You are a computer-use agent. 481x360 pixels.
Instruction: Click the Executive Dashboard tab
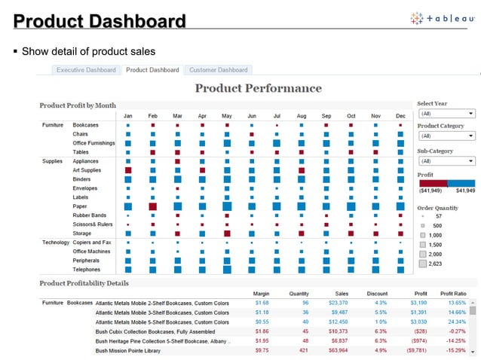87,70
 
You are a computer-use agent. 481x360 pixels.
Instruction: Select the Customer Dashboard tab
218,70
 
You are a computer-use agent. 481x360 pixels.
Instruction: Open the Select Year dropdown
446,113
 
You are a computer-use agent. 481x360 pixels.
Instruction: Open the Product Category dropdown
446,136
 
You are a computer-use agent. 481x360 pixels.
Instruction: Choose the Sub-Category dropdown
446,161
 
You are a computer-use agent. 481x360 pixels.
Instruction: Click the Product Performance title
258,89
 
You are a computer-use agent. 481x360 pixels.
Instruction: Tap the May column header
227,116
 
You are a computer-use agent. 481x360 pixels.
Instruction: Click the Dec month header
400,116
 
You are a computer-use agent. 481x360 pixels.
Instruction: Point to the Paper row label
79,206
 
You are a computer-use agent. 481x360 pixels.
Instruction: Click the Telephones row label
87,269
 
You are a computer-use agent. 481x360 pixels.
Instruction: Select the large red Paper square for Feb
153,206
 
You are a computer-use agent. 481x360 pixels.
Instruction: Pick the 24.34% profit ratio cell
453,322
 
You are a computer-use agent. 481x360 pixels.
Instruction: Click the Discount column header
377,293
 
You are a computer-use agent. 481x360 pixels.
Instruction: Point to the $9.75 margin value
262,349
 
